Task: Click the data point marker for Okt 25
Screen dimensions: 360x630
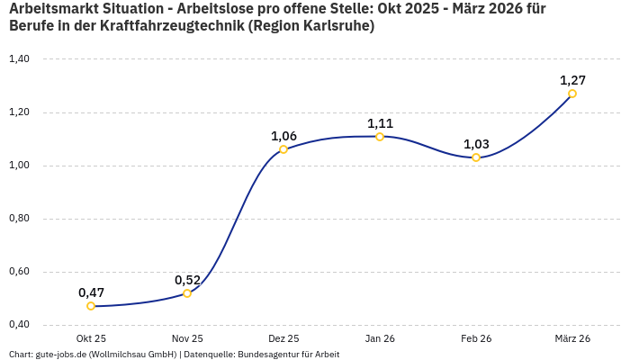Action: [x=91, y=306]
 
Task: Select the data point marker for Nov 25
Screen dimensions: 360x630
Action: [x=187, y=293]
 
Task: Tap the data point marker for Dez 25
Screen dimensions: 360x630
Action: [x=283, y=149]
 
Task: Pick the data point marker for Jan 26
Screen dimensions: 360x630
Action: [x=380, y=137]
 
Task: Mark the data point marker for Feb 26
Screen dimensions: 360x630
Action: [x=476, y=157]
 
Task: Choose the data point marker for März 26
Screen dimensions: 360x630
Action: [x=572, y=94]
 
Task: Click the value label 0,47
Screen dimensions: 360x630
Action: [x=91, y=292]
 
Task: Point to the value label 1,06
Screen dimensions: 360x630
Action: [x=283, y=136]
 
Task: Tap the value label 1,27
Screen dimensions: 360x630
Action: [x=572, y=80]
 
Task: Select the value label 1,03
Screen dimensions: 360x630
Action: [x=476, y=144]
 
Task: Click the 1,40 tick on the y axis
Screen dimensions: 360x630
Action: [x=19, y=59]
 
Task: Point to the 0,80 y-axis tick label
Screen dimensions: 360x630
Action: [x=19, y=219]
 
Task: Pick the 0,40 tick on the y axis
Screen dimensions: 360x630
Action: [x=19, y=324]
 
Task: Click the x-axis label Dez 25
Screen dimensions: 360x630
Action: [x=283, y=338]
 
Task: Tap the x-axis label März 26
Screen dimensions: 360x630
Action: [x=572, y=338]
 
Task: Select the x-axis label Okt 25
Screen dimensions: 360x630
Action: [x=91, y=338]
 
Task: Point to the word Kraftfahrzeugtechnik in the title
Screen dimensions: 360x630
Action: [x=170, y=26]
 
